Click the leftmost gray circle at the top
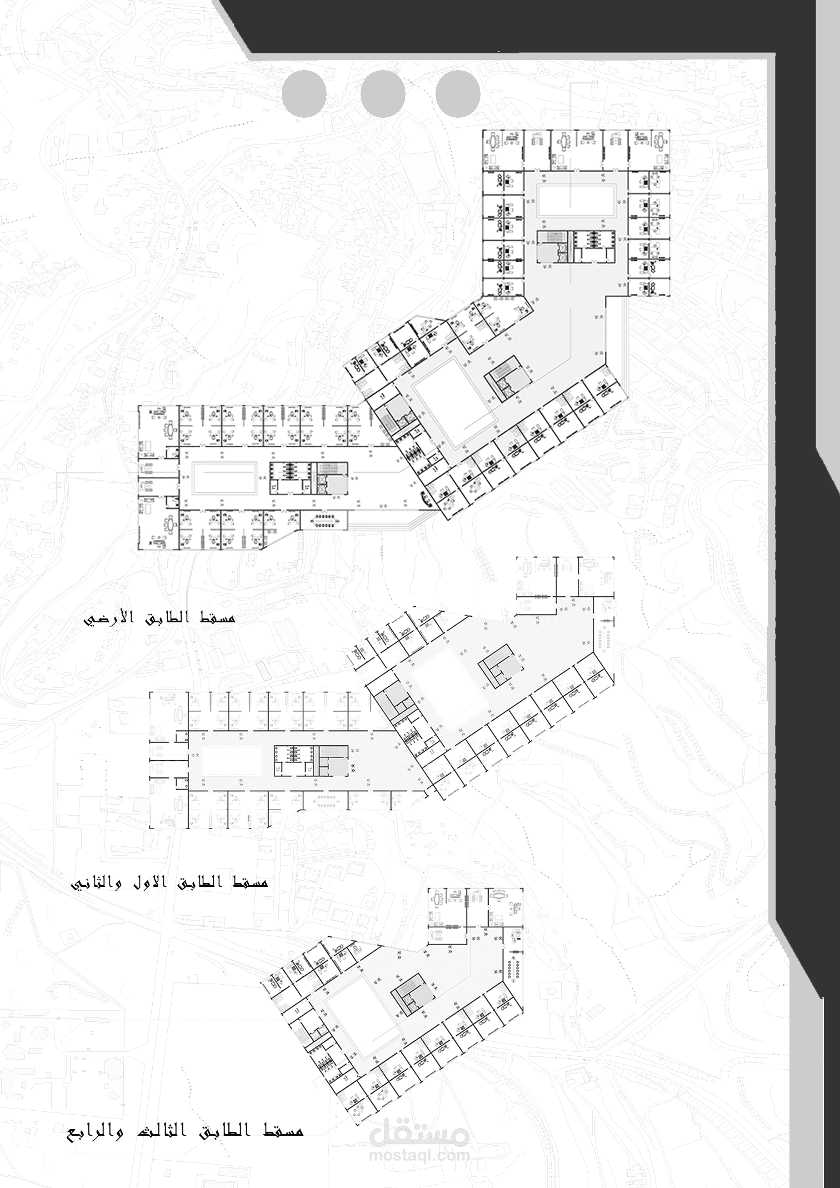(304, 94)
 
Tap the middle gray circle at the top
(383, 94)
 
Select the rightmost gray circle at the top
(458, 94)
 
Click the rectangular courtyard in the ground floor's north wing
(576, 201)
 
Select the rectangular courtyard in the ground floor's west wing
(224, 477)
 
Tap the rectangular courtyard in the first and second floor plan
(231, 761)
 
